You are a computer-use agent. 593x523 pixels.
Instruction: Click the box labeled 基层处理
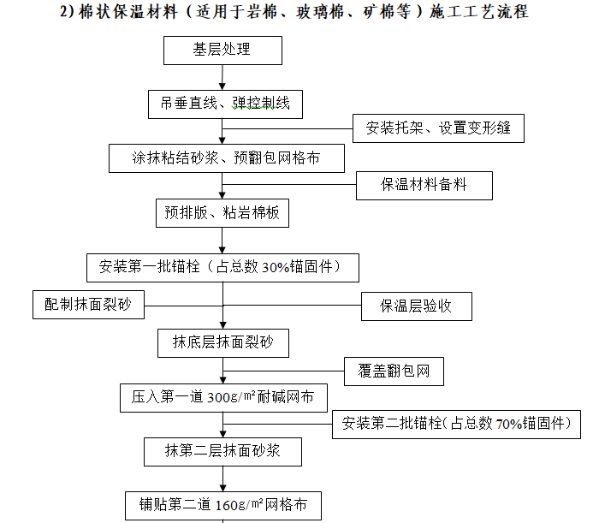coord(222,50)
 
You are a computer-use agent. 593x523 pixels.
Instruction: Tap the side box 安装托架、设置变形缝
coord(438,128)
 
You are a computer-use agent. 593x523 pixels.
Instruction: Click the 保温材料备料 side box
coord(424,185)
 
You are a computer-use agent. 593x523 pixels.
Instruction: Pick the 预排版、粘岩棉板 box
coord(222,212)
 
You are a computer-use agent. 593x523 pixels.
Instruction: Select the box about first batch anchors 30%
coord(222,267)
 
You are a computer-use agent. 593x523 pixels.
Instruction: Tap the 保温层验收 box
coord(416,306)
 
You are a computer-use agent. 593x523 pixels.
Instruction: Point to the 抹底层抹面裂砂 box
coord(222,342)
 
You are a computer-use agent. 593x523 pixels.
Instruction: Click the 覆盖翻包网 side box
coord(394,371)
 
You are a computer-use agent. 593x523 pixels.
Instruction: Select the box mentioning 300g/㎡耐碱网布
coord(222,397)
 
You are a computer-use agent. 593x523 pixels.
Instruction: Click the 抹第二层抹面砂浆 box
coord(222,450)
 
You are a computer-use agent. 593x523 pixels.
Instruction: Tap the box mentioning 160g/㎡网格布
coord(222,504)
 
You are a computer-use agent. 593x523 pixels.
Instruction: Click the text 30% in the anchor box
coord(275,268)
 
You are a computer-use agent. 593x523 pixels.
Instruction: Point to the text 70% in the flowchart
coord(507,424)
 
